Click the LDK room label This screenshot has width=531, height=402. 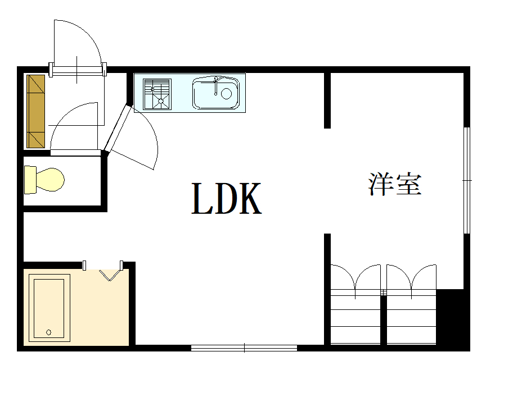click(x=227, y=199)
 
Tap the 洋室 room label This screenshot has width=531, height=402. click(x=395, y=184)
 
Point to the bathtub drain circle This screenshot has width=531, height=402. click(x=49, y=332)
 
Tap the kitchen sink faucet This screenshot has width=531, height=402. click(x=215, y=84)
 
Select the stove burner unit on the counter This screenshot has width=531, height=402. click(x=157, y=94)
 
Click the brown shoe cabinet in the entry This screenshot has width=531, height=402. click(x=35, y=111)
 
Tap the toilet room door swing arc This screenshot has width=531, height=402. click(x=73, y=126)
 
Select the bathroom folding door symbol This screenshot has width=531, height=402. click(x=110, y=274)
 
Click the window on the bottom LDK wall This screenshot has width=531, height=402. click(x=244, y=348)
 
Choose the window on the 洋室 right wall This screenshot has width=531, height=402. click(x=466, y=180)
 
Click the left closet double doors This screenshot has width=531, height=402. click(x=355, y=278)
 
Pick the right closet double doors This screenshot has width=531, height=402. click(x=411, y=278)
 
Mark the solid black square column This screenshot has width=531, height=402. click(x=453, y=318)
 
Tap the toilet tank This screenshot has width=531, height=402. click(x=30, y=180)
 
